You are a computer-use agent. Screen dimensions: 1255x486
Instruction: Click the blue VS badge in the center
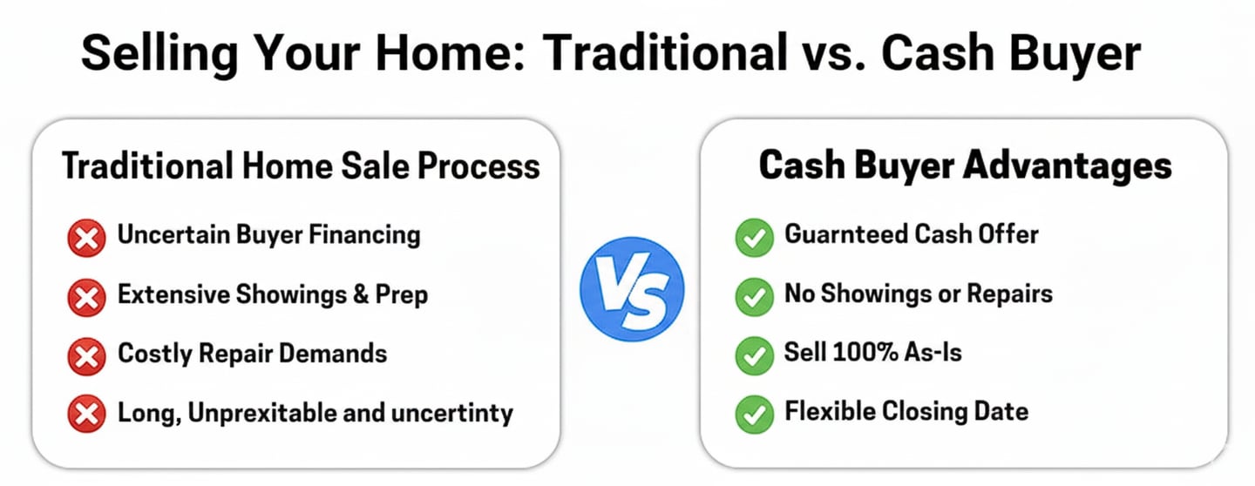coord(632,289)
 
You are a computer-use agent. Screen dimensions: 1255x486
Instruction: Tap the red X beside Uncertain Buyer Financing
coord(86,238)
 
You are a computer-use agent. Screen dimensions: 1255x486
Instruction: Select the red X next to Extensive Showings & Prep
coord(86,297)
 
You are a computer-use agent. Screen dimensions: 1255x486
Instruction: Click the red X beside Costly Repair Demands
coord(86,357)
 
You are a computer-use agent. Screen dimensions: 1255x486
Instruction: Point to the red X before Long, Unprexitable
coord(86,415)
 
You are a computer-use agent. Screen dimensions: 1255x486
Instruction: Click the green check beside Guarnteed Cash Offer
coord(754,238)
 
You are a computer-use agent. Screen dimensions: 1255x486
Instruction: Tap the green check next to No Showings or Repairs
coord(754,297)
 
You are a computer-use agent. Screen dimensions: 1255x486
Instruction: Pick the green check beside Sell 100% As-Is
coord(754,355)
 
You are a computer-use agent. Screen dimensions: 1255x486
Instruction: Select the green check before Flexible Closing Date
coord(754,415)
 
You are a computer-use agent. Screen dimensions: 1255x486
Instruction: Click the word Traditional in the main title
coord(666,52)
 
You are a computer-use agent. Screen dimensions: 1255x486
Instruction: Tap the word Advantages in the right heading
coord(1068,166)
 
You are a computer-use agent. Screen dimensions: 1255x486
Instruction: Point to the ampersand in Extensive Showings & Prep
coord(361,294)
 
